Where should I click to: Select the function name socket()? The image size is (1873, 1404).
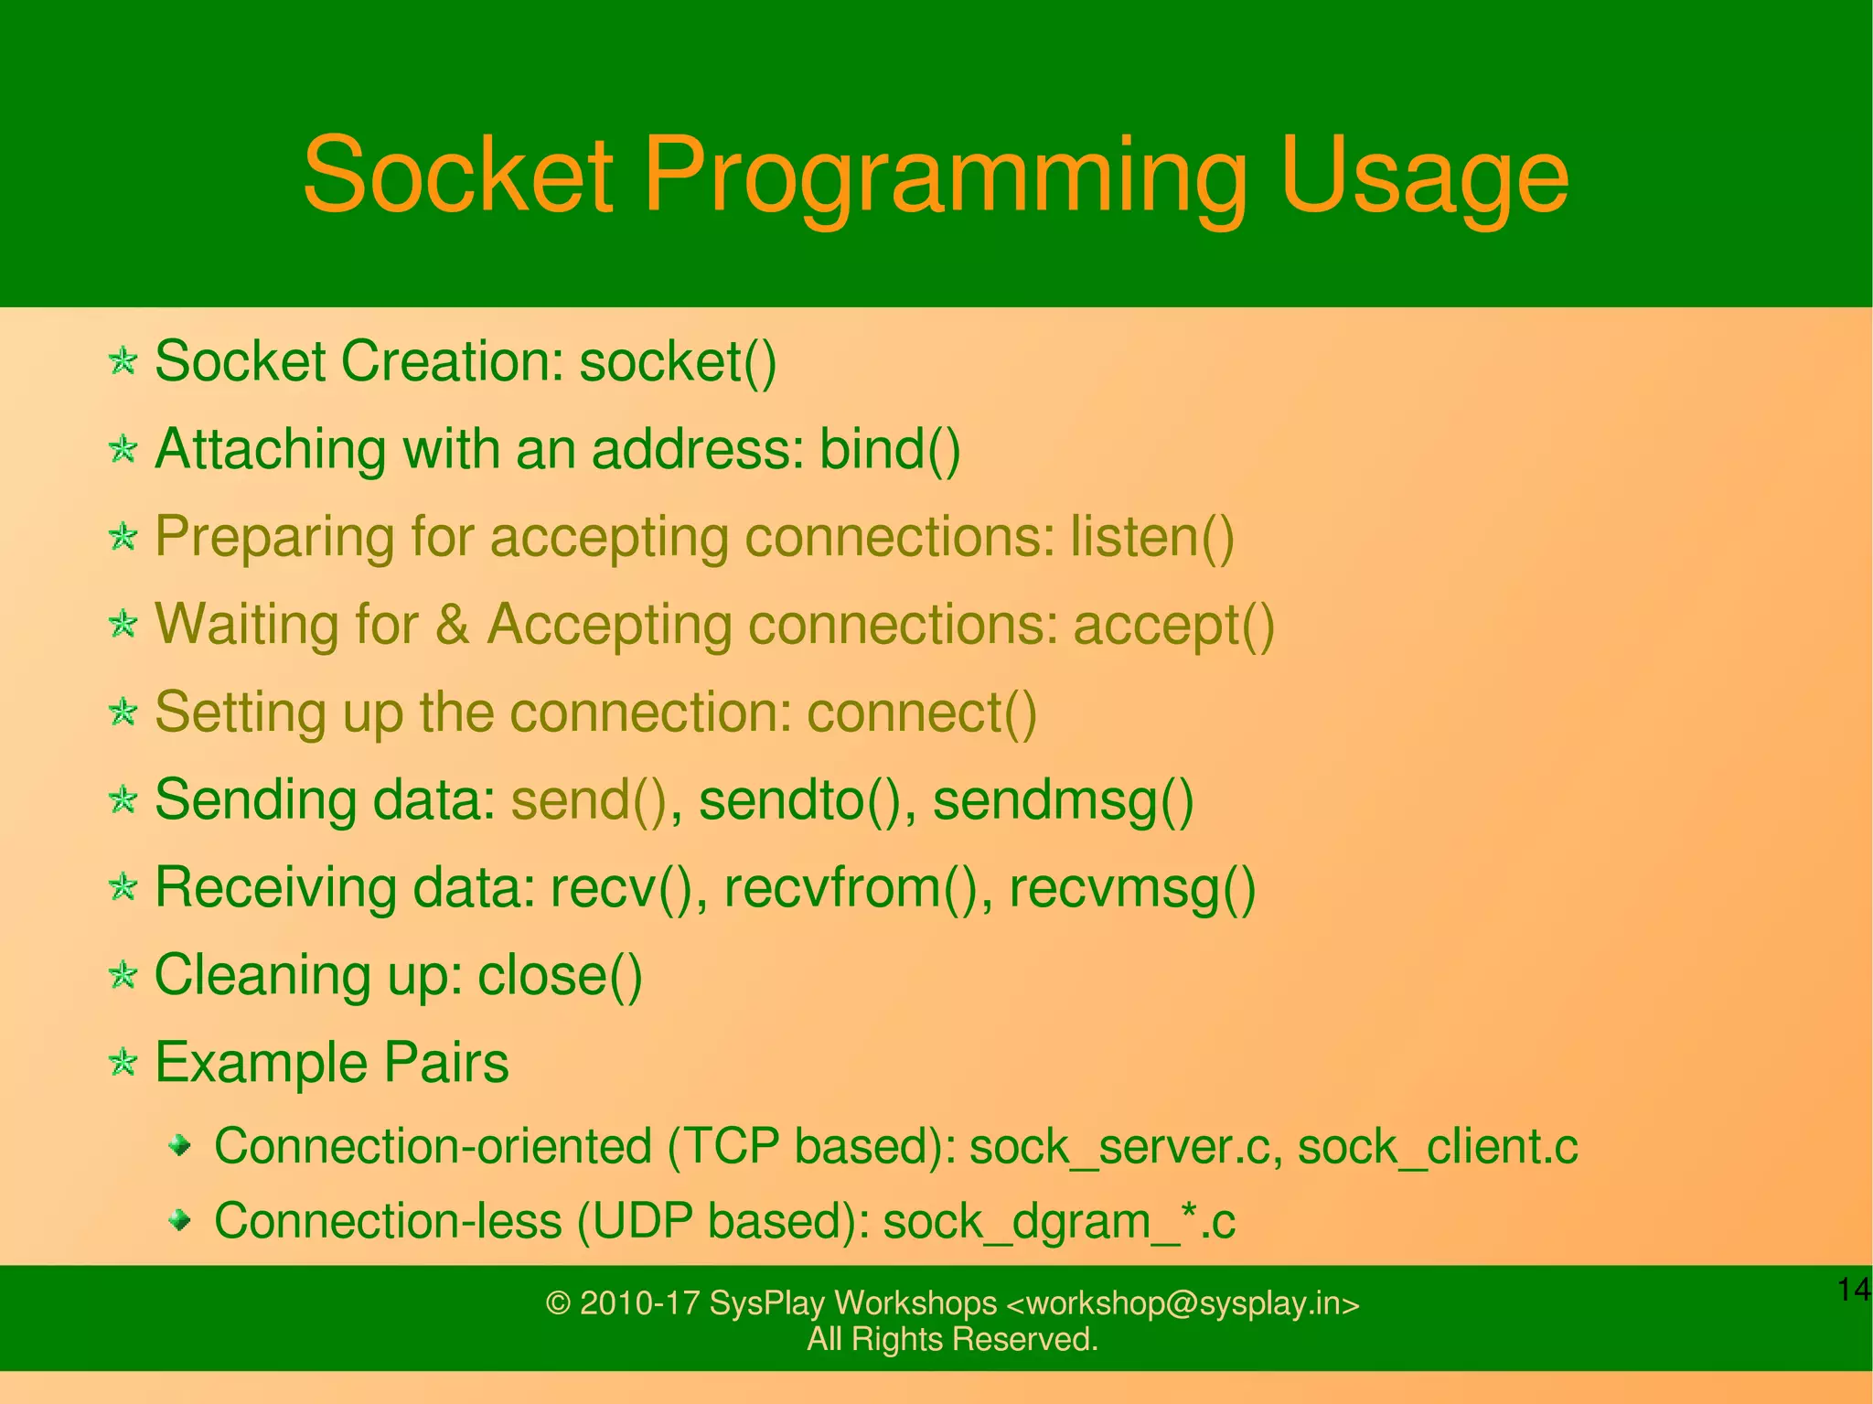(x=678, y=362)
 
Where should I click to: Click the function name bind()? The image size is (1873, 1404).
(x=889, y=450)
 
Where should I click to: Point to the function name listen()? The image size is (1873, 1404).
(x=1151, y=537)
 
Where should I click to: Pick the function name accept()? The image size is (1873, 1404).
(x=1173, y=626)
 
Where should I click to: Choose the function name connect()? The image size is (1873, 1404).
(x=922, y=713)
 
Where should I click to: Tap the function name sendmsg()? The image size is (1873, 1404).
(x=1063, y=800)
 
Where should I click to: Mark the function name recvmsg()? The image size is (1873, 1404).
(x=1132, y=888)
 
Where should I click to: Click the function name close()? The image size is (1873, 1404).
(x=560, y=975)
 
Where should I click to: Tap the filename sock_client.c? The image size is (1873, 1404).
(x=1438, y=1147)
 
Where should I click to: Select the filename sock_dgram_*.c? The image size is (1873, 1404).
(x=1058, y=1222)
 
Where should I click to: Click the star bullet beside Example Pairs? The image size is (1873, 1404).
(x=123, y=1062)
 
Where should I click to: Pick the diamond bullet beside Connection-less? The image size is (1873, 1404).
(x=181, y=1219)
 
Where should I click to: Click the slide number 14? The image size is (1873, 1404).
(x=1853, y=1290)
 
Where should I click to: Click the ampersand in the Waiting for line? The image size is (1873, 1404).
(x=452, y=626)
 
